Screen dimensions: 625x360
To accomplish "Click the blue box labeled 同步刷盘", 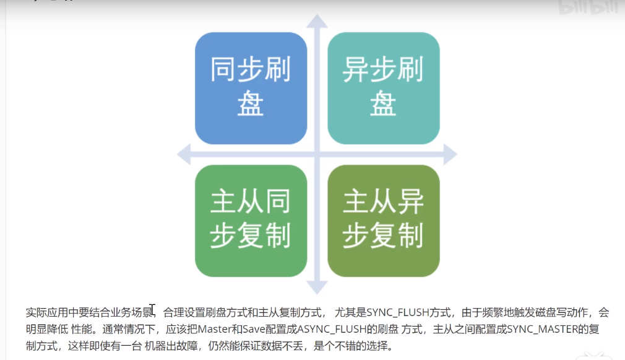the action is pos(251,88).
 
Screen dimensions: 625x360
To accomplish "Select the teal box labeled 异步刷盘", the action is pos(383,88).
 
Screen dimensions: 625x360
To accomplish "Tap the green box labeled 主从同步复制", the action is pos(251,220).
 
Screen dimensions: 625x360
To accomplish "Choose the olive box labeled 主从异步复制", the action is pos(383,220).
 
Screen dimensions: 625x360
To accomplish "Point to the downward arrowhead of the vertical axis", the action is pos(317,287).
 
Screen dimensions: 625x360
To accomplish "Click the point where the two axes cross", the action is pos(317,154).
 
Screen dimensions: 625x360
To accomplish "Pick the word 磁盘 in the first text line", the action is pos(530,313).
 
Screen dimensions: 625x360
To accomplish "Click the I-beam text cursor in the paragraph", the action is pos(152,309).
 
